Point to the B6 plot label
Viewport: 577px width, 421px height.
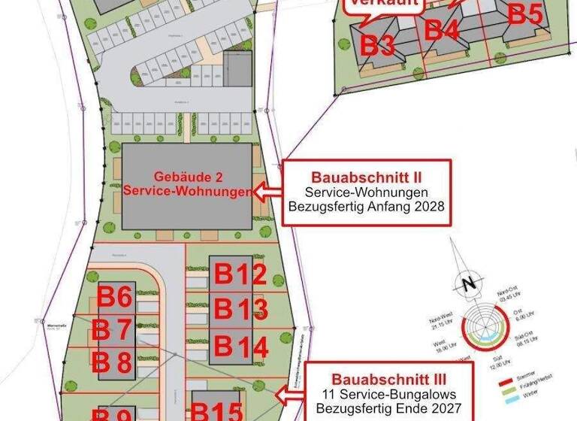point(115,298)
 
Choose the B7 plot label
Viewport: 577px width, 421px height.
point(112,330)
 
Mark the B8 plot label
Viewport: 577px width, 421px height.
point(112,363)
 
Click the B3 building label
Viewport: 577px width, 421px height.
point(379,45)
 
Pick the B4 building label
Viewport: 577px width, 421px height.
point(442,30)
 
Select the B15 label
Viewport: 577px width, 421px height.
point(216,411)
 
